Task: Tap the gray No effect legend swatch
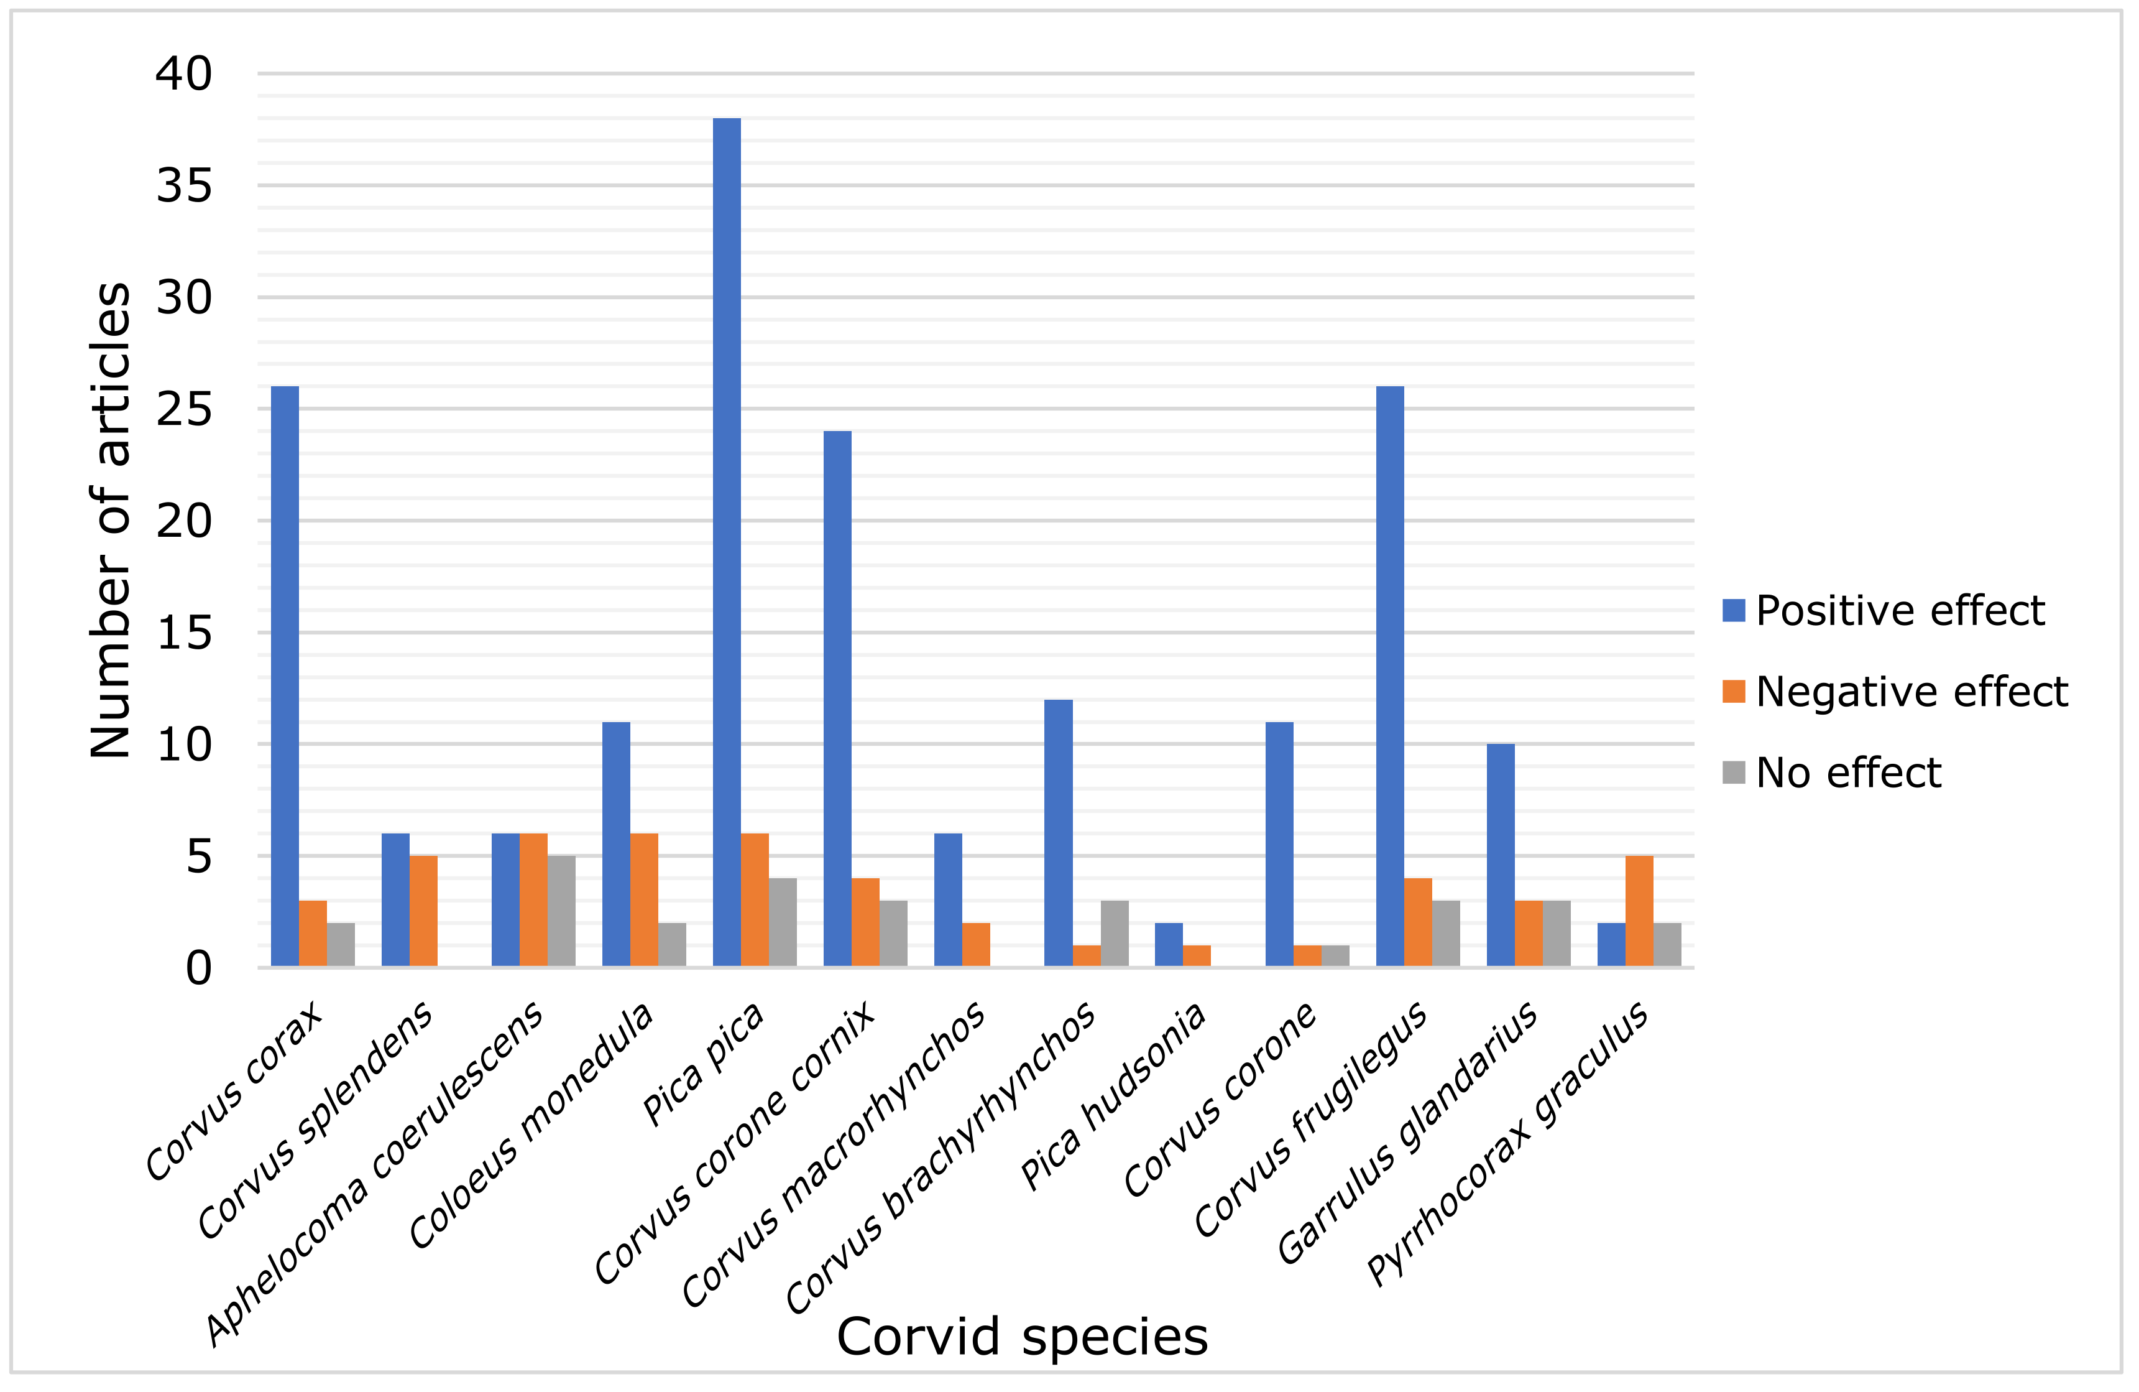coord(1734,773)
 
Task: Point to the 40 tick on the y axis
coord(184,74)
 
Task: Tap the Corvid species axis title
coord(1022,1337)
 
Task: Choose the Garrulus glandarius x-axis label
coord(1407,1133)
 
